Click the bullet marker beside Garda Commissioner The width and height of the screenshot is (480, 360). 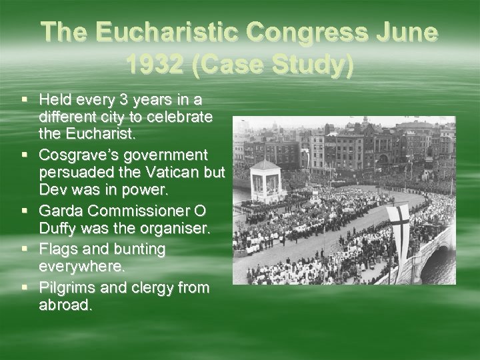(x=25, y=211)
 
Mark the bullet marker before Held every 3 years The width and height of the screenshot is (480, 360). (x=25, y=100)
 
